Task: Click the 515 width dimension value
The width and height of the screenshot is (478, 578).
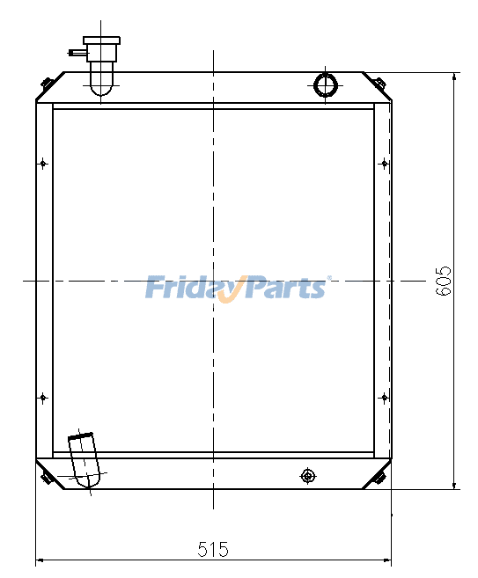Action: click(x=213, y=550)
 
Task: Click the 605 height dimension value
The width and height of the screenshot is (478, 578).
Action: click(x=444, y=280)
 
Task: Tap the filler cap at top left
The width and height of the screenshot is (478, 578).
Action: click(x=100, y=40)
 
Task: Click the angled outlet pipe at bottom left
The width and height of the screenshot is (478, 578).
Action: click(x=85, y=459)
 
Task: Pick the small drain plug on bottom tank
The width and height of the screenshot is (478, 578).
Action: click(x=307, y=476)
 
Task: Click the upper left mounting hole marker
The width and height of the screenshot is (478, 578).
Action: click(x=43, y=163)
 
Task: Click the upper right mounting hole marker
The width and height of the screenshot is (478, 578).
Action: click(x=383, y=163)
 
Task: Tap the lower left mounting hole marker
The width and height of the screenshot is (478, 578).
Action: click(x=43, y=398)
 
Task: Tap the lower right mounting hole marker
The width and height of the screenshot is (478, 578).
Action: click(x=383, y=398)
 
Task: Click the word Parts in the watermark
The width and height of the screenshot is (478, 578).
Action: click(x=286, y=288)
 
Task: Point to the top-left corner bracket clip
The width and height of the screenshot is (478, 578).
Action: click(x=47, y=84)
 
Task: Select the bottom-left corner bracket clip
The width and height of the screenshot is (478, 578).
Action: click(x=47, y=478)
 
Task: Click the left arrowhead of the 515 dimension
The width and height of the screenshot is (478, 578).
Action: click(x=40, y=560)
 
